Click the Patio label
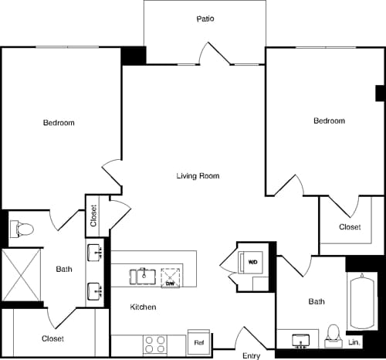click(205, 19)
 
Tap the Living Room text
click(198, 176)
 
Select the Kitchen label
click(143, 307)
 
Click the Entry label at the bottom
click(251, 355)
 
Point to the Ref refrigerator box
click(198, 342)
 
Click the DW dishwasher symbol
click(171, 277)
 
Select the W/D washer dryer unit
click(253, 263)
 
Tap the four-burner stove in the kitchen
click(154, 342)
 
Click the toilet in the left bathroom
click(21, 229)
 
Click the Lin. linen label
click(354, 341)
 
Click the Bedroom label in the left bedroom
click(59, 123)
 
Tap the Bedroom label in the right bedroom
click(329, 121)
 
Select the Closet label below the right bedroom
click(350, 227)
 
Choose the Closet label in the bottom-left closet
click(52, 338)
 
